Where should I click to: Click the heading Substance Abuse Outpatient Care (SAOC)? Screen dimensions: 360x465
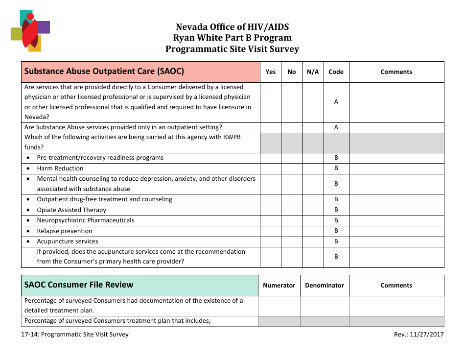click(x=104, y=72)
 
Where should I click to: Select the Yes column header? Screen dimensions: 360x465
click(x=271, y=72)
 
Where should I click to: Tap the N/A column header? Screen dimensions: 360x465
click(x=313, y=72)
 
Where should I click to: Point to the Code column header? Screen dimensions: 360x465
click(x=336, y=72)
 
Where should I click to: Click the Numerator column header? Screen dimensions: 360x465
click(x=279, y=286)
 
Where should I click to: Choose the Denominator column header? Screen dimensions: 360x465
click(x=325, y=286)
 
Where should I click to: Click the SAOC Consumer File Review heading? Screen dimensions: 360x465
click(x=79, y=285)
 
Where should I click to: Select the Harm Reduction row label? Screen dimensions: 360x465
click(x=60, y=168)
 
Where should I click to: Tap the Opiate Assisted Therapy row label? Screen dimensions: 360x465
click(x=71, y=210)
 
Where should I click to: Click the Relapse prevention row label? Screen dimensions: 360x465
click(x=65, y=231)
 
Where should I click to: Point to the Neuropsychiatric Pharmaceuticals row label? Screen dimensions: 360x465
click(x=86, y=220)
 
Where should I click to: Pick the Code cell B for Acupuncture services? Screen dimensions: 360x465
click(x=336, y=241)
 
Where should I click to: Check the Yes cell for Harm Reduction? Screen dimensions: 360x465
click(x=271, y=168)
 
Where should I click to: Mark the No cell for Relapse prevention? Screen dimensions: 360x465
click(x=292, y=231)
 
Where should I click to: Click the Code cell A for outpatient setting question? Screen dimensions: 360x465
click(x=336, y=127)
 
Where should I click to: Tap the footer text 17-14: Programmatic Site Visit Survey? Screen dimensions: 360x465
click(x=76, y=335)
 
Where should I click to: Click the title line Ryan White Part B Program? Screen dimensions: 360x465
click(x=232, y=38)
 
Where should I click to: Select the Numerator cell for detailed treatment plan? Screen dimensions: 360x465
click(x=279, y=306)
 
